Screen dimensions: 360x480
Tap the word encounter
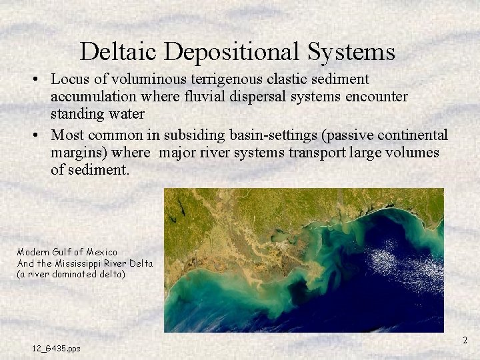point(375,97)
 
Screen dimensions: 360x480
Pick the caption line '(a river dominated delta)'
point(71,274)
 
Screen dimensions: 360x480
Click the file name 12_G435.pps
point(56,348)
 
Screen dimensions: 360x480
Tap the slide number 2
point(465,341)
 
